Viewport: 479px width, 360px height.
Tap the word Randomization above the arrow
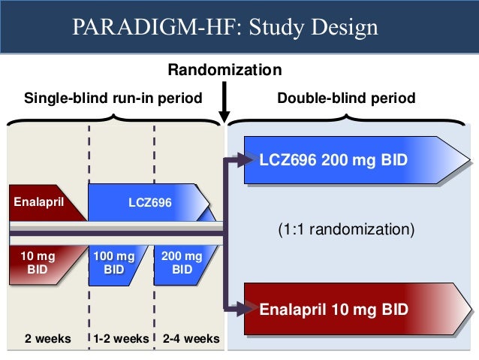[x=224, y=71]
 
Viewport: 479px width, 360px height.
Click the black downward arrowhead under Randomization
[x=224, y=114]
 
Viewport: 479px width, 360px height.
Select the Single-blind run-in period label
[x=113, y=98]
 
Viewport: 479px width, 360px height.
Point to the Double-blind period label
[x=346, y=98]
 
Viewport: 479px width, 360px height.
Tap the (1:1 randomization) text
[x=346, y=228]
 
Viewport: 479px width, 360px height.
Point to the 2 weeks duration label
[x=47, y=338]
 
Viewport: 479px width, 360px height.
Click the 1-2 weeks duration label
[x=121, y=338]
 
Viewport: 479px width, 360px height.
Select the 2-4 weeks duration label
[x=191, y=338]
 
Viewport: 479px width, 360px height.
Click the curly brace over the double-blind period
[x=349, y=119]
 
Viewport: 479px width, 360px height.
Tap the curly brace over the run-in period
[x=113, y=119]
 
